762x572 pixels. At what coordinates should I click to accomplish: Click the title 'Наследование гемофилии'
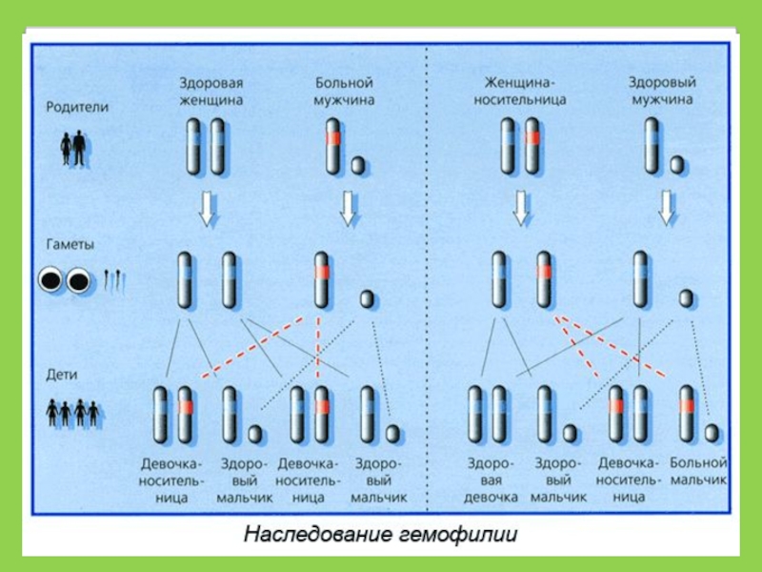(381, 534)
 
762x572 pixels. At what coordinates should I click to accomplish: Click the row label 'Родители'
(78, 108)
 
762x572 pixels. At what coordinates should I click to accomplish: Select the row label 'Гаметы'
(71, 244)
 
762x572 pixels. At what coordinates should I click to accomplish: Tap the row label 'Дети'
(62, 376)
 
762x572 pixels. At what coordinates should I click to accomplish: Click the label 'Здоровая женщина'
(211, 91)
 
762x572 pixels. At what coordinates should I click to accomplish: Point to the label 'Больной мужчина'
(345, 91)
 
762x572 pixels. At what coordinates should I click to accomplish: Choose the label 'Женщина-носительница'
(525, 91)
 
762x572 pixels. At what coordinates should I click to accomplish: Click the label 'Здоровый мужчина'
(660, 91)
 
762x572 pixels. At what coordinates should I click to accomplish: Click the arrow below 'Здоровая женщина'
(206, 208)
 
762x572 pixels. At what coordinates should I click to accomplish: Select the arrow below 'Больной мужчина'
(348, 208)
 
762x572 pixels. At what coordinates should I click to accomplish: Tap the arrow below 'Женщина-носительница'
(520, 208)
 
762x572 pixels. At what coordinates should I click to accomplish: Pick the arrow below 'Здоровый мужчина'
(668, 208)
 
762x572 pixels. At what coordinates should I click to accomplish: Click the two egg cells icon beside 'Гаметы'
(63, 280)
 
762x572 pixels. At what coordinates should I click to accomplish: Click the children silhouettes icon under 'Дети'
(72, 413)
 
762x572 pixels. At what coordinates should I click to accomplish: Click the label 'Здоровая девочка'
(491, 480)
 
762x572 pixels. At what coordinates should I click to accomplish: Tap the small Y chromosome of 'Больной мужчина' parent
(357, 165)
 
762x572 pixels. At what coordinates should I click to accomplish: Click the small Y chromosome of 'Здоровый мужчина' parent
(676, 165)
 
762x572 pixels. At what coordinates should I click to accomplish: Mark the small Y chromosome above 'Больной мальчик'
(712, 434)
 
